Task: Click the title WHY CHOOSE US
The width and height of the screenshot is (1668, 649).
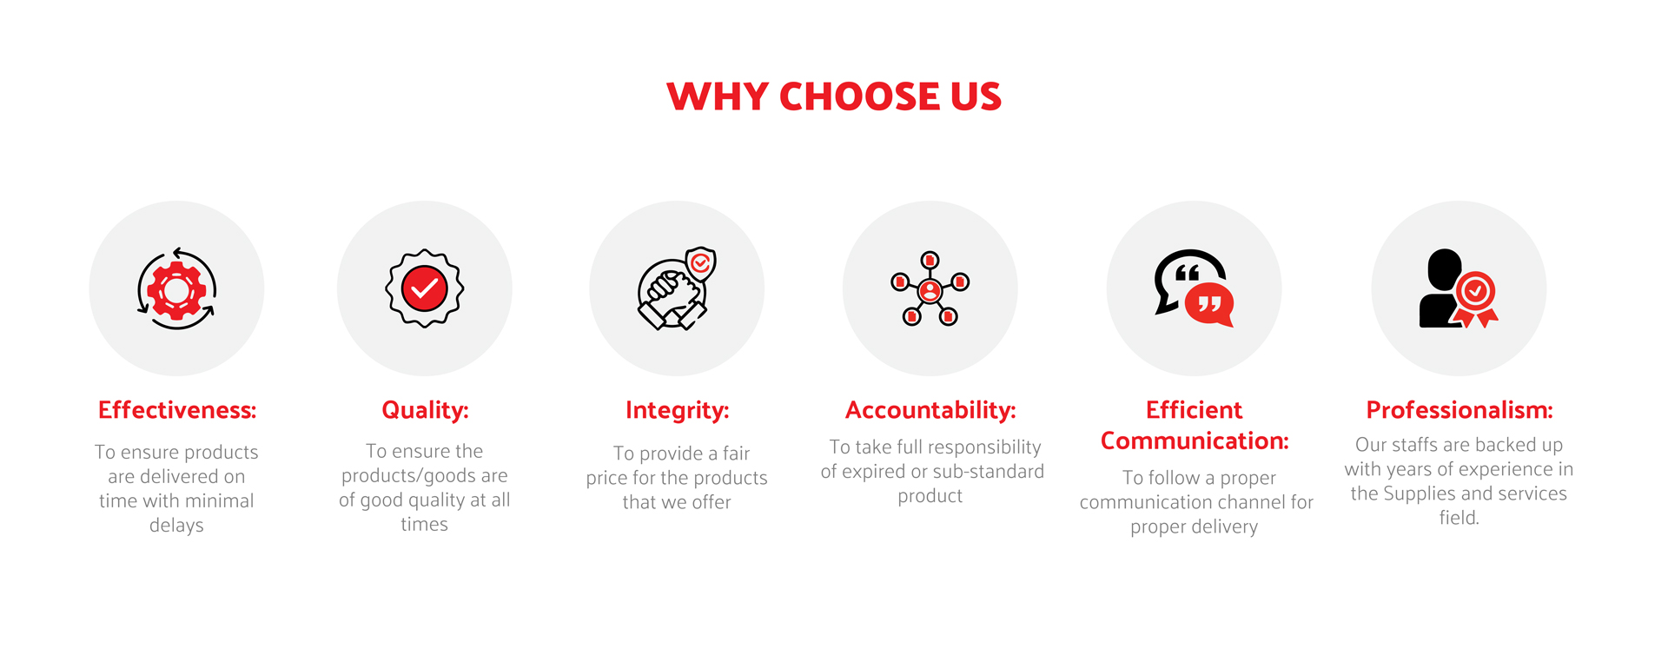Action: [x=834, y=96]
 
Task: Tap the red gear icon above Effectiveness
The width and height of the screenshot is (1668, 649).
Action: [x=176, y=289]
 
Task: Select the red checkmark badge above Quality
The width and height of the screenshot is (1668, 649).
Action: [x=425, y=288]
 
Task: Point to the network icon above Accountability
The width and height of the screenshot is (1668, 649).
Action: [x=930, y=288]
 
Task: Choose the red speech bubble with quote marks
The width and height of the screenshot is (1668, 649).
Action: [x=1209, y=304]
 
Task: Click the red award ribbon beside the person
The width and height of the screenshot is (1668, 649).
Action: [x=1477, y=299]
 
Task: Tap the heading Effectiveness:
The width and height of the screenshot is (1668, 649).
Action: [x=177, y=410]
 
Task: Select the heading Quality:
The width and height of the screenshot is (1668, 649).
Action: [x=425, y=410]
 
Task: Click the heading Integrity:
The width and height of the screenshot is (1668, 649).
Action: [x=677, y=410]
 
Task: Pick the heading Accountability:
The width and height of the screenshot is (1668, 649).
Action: [x=930, y=410]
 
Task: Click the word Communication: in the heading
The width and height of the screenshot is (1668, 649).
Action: [x=1195, y=441]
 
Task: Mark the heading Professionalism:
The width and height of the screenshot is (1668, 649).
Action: [x=1459, y=410]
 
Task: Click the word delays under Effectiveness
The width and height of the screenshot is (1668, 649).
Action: [x=176, y=526]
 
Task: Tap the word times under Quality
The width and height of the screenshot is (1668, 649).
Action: [x=424, y=525]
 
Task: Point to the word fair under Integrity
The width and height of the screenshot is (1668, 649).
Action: [x=736, y=454]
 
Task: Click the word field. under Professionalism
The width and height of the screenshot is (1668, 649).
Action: [x=1459, y=518]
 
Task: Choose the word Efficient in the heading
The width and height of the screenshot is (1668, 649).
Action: [x=1195, y=410]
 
